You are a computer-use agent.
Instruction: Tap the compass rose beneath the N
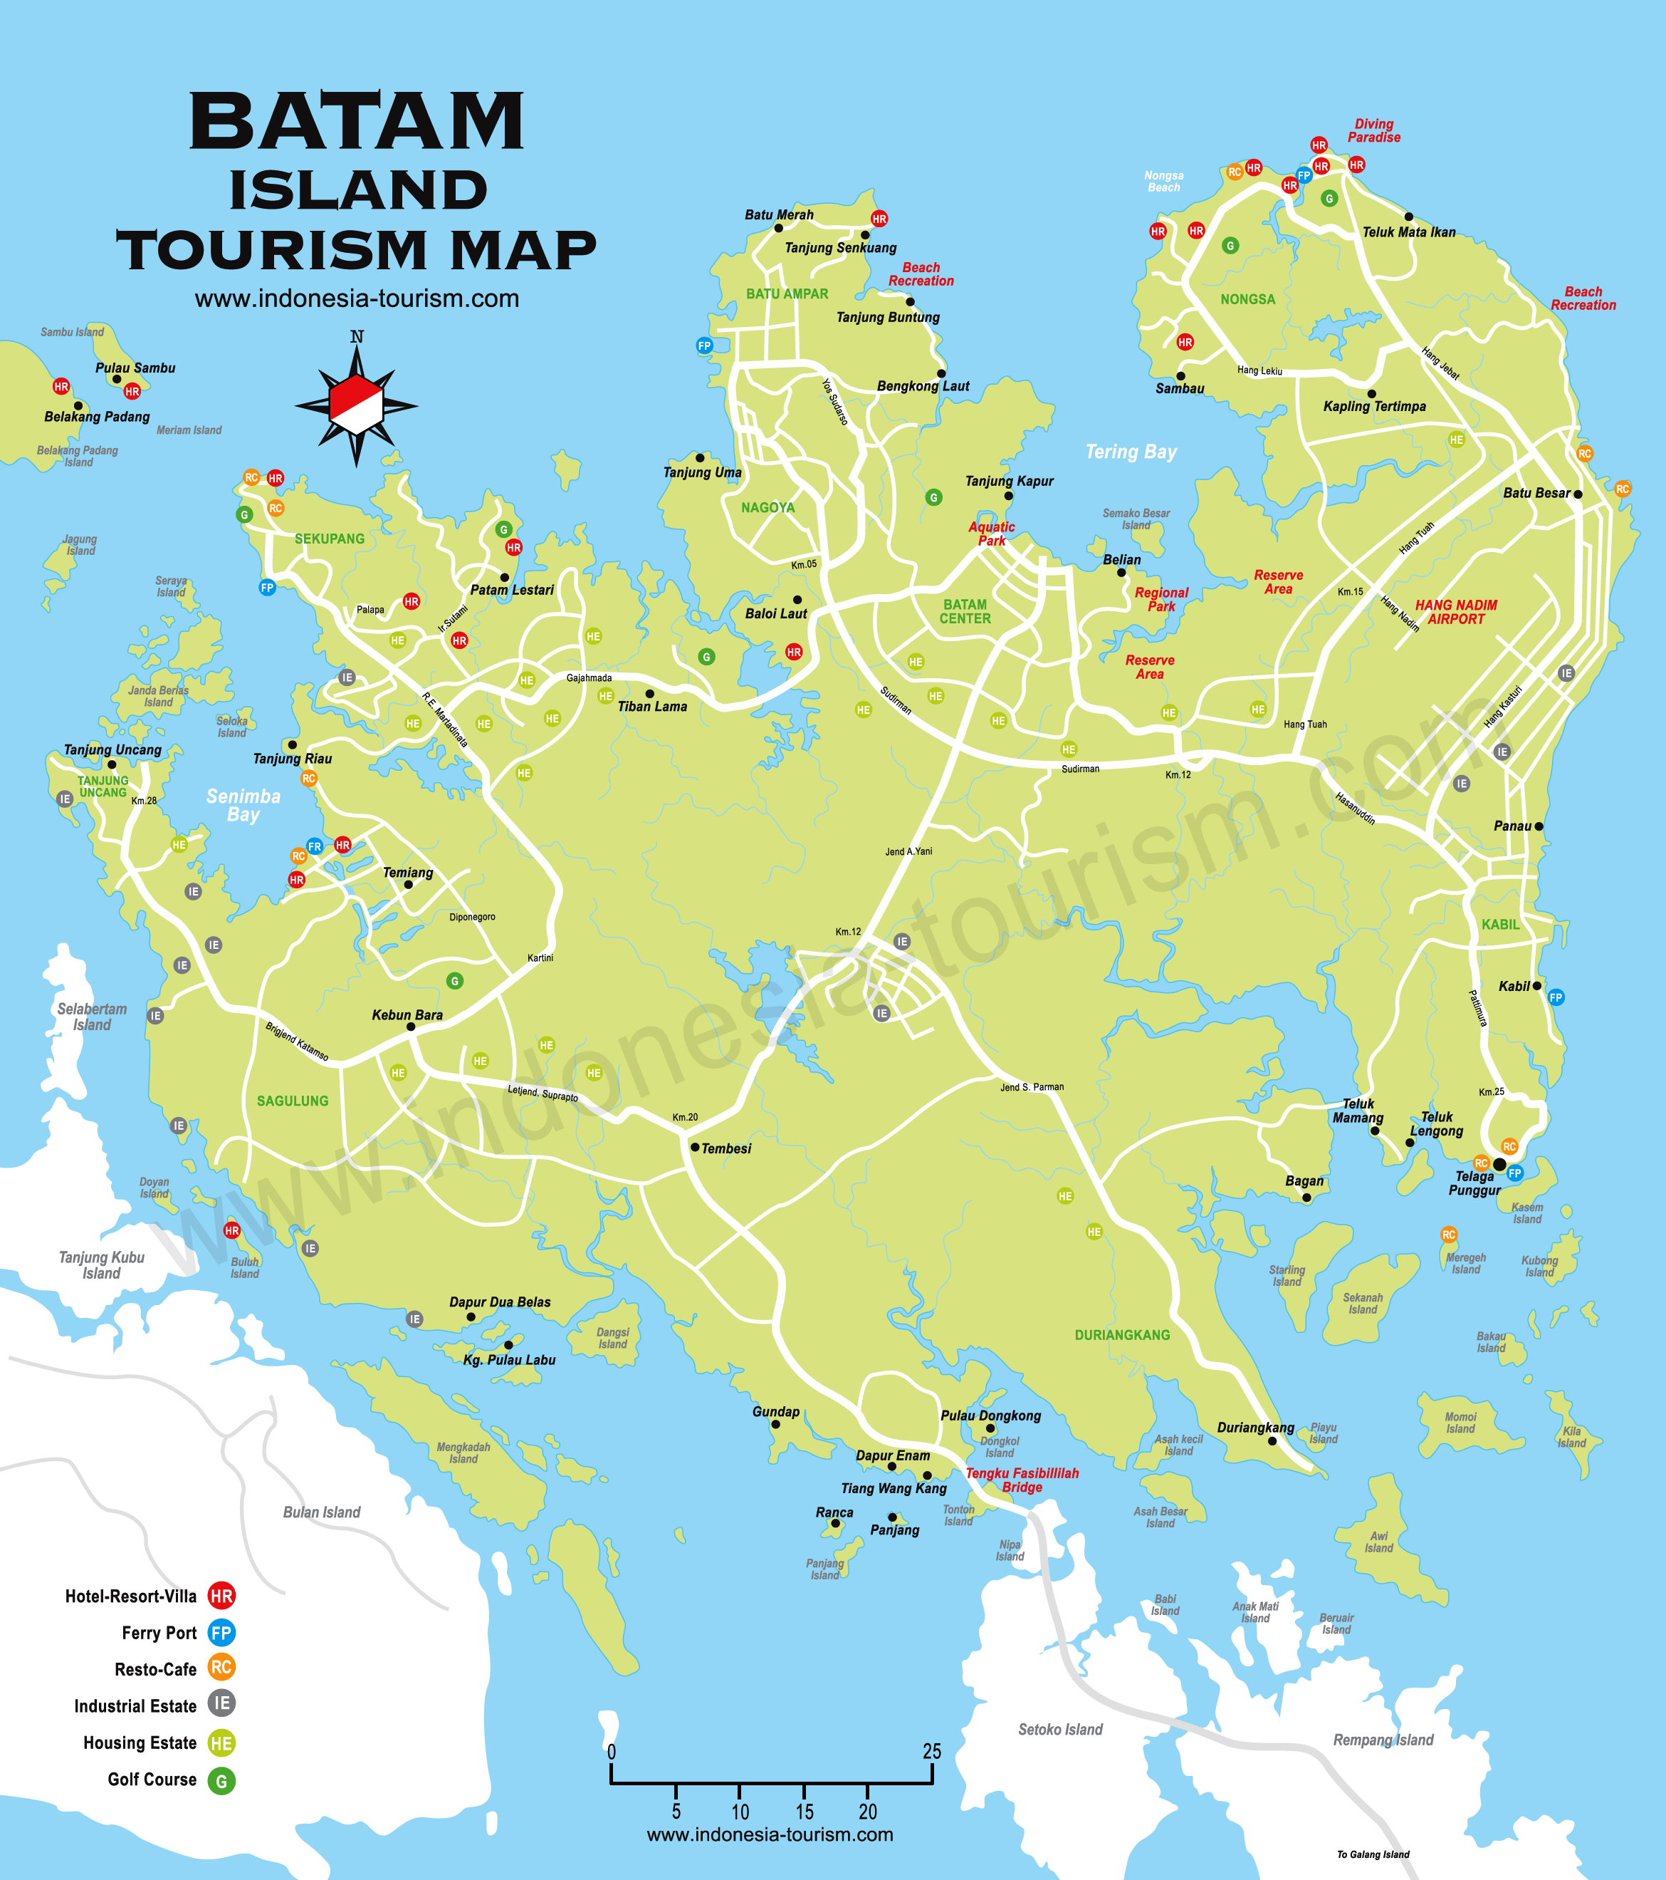pos(356,405)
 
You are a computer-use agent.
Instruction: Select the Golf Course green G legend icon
pos(221,1782)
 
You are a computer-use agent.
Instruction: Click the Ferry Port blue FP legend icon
pos(221,1633)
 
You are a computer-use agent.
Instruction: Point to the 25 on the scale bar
pos(931,1751)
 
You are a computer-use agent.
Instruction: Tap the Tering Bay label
pos(1130,452)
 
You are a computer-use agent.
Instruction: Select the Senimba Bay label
pos(243,805)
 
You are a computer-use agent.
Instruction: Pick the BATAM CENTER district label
pos(965,612)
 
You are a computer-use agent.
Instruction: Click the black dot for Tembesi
pos(695,1147)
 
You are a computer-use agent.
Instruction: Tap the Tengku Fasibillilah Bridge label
pos(1022,1480)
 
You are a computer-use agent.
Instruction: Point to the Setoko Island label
pos(1060,1729)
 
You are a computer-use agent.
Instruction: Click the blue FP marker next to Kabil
pos(1556,997)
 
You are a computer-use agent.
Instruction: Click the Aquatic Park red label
pos(991,534)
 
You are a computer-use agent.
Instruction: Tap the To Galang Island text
pos(1372,1854)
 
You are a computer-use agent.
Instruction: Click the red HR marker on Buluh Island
pos(231,1230)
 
